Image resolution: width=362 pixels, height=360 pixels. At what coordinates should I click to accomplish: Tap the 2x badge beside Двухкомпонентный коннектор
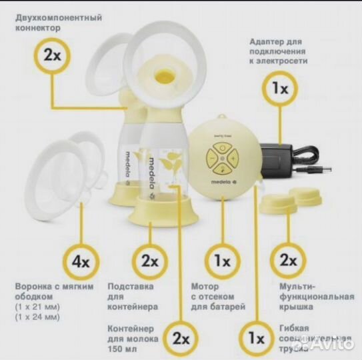point(52,55)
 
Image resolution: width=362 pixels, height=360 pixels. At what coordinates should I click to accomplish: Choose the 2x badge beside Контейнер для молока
point(178,339)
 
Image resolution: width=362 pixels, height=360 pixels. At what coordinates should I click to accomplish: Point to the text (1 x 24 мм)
point(37,317)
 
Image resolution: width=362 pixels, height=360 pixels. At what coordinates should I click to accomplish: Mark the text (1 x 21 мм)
point(37,307)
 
